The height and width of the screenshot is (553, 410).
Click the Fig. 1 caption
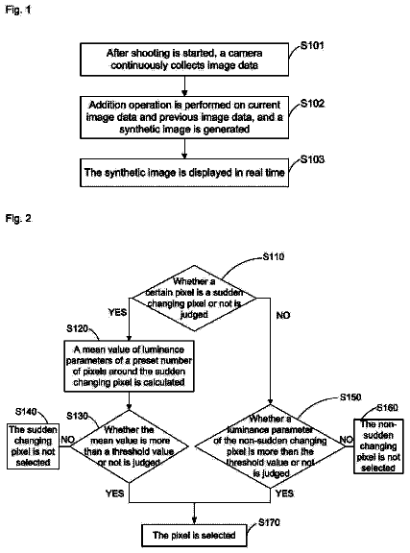tap(18, 10)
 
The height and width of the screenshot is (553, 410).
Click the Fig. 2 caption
tap(18, 219)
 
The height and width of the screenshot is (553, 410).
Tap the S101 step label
tap(312, 45)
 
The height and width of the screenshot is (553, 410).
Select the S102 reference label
tap(312, 104)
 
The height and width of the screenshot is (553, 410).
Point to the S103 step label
tap(312, 159)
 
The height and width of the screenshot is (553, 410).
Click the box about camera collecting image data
tap(184, 60)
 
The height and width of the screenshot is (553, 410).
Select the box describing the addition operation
tap(184, 117)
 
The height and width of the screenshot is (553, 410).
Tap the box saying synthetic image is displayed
tap(184, 173)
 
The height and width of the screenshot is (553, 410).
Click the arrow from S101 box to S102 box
tap(184, 86)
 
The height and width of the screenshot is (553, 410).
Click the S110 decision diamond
tap(194, 298)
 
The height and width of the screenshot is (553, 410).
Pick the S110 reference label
tap(274, 256)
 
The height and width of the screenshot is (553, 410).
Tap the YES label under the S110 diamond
tap(117, 312)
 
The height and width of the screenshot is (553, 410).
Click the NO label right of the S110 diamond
tap(283, 315)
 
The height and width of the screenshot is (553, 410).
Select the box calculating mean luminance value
tap(129, 366)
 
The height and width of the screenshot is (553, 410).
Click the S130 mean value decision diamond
tap(129, 446)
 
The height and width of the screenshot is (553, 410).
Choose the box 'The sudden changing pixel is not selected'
tap(33, 446)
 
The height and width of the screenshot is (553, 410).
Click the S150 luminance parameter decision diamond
tap(270, 446)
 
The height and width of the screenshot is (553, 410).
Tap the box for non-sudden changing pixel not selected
tap(378, 446)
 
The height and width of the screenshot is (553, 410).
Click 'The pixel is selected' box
tap(194, 536)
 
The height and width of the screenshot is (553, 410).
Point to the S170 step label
tap(269, 522)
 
